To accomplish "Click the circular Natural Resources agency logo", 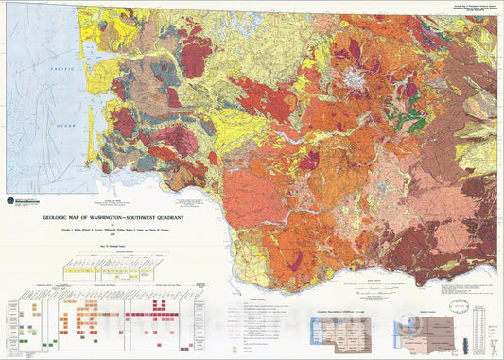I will point(13,199).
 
